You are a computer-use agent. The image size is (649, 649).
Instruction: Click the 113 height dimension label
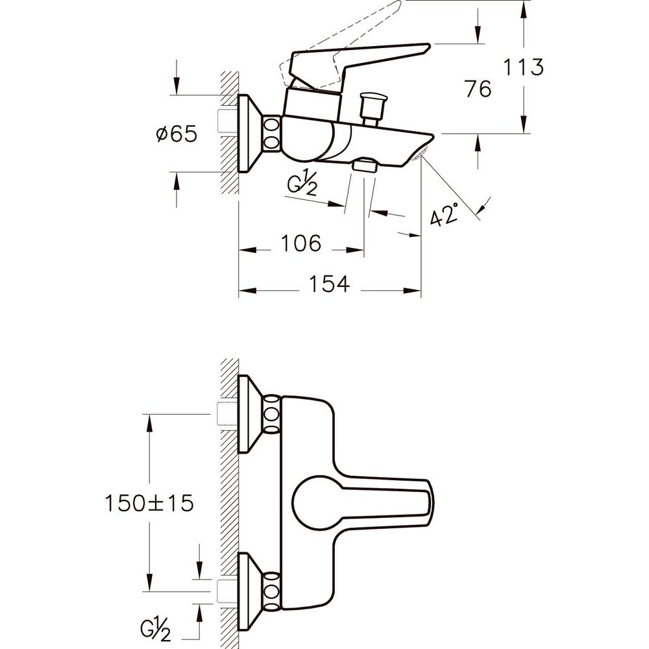523,67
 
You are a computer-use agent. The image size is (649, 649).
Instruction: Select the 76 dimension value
478,89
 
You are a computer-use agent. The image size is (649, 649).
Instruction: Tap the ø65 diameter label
177,134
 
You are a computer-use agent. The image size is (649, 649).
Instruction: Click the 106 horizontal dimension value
301,243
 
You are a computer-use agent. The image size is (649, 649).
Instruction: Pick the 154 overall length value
330,284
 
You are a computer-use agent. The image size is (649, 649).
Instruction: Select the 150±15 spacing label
149,504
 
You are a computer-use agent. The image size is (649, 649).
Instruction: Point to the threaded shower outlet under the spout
364,165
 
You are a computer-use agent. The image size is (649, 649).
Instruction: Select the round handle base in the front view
313,504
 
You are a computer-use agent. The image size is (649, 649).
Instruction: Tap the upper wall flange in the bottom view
250,414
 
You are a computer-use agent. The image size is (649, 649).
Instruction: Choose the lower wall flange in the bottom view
250,591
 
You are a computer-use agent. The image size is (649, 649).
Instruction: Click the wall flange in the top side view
250,133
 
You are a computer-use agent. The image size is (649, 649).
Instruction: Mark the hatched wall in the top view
230,132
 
